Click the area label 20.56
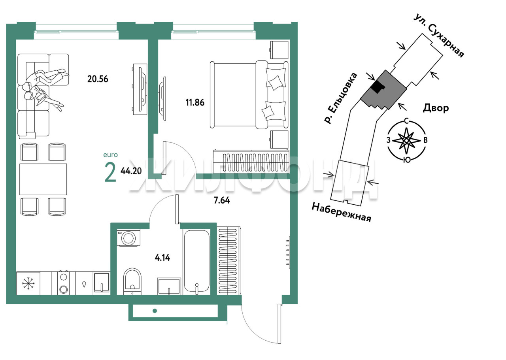click(98, 79)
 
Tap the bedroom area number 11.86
click(195, 102)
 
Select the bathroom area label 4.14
click(162, 258)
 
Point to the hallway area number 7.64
click(222, 200)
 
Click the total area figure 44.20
click(131, 171)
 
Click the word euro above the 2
click(110, 155)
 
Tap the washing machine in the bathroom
click(128, 238)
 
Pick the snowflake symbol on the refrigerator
click(28, 283)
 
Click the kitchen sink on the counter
click(102, 282)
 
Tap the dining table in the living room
click(43, 179)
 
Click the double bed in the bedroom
click(249, 95)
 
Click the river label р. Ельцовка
click(341, 98)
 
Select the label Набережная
click(341, 213)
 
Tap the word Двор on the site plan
click(436, 108)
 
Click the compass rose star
click(406, 140)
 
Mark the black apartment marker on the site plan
click(378, 87)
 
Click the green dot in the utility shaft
click(155, 311)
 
